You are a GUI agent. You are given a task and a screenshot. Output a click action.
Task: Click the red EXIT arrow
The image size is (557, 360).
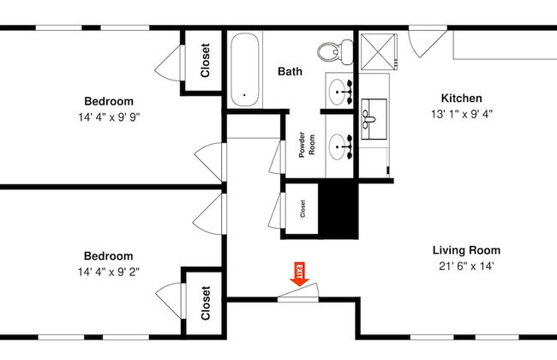(x=300, y=273)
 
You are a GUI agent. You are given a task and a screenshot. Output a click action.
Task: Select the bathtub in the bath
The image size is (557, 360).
(x=244, y=69)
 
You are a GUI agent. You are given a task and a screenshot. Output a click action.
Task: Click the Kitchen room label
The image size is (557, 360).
(x=461, y=98)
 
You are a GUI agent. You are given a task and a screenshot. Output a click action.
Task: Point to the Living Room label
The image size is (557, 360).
(x=465, y=250)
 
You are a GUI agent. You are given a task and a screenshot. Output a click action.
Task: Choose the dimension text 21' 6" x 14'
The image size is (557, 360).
(x=465, y=266)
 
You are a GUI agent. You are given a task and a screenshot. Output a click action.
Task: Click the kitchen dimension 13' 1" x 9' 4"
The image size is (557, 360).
(x=461, y=113)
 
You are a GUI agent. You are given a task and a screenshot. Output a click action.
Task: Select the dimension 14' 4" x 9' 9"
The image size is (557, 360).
(x=108, y=115)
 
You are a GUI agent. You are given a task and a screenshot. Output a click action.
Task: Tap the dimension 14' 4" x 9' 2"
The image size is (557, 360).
(x=108, y=272)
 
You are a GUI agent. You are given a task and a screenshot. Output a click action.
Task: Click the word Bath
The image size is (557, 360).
(x=290, y=72)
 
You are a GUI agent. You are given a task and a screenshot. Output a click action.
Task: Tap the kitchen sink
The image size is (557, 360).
(x=374, y=118)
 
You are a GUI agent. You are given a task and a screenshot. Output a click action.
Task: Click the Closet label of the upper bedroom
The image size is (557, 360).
(x=206, y=61)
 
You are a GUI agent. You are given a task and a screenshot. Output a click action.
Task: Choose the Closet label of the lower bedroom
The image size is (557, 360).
(x=206, y=303)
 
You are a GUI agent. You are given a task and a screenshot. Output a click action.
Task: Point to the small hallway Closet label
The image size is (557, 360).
(x=302, y=208)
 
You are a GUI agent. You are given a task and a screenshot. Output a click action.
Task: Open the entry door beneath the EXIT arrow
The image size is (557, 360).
(x=299, y=293)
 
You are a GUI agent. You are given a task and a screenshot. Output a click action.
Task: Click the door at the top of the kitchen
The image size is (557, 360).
(x=425, y=41)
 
